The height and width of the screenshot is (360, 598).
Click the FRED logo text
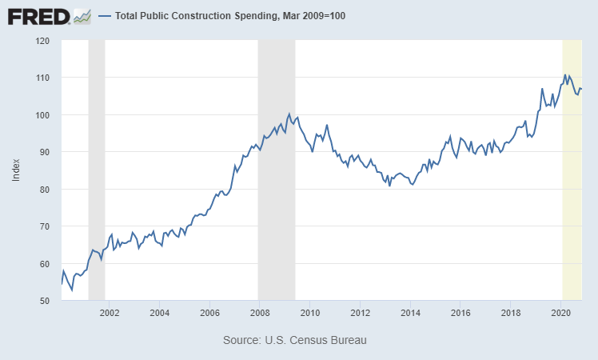pyautogui.click(x=38, y=15)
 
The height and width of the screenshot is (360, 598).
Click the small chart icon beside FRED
pyautogui.click(x=82, y=15)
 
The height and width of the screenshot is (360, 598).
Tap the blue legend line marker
pyautogui.click(x=104, y=16)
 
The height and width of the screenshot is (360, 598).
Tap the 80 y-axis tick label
pyautogui.click(x=44, y=190)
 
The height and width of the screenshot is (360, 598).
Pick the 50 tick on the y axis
pyautogui.click(x=44, y=301)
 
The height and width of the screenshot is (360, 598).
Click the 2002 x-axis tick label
pyautogui.click(x=110, y=313)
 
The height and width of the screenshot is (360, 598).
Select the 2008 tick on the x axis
pyautogui.click(x=260, y=313)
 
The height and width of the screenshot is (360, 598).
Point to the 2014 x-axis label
pyautogui.click(x=410, y=313)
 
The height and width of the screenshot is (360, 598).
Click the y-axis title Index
pyautogui.click(x=16, y=170)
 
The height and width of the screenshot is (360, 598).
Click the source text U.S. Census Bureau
pyautogui.click(x=294, y=341)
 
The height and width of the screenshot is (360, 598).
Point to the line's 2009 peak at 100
pyautogui.click(x=289, y=114)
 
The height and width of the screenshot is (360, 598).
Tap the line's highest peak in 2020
pyautogui.click(x=565, y=75)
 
